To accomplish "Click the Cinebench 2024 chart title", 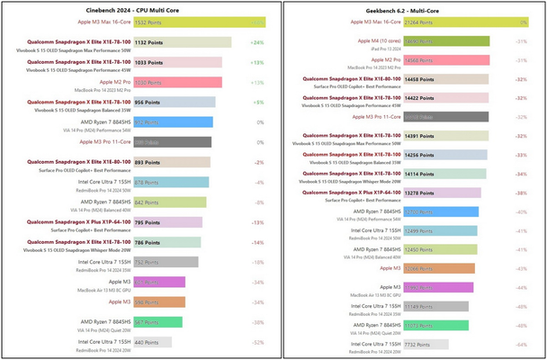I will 136,9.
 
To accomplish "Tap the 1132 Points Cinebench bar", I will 181,42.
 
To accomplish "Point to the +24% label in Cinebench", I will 257,42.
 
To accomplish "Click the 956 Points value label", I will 148,102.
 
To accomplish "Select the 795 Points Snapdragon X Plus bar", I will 166,221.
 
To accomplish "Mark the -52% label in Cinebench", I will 257,342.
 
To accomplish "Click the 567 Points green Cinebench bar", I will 157,321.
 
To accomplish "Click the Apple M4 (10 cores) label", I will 383,40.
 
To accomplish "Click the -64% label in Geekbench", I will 521,344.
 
